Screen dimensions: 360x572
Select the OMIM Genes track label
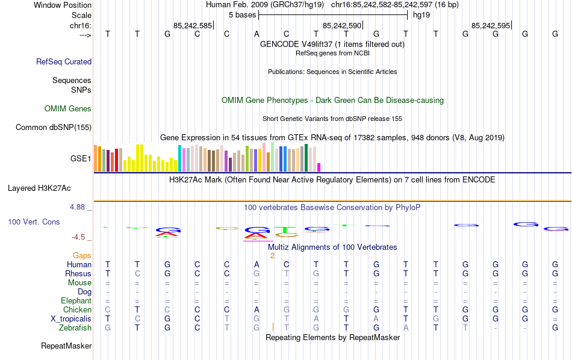pos(68,109)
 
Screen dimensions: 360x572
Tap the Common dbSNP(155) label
pos(54,127)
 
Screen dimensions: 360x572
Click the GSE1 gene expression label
pos(81,159)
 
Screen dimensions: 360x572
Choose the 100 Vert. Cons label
pos(34,222)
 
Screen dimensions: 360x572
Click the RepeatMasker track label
pos(66,346)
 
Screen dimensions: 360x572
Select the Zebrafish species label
pos(75,327)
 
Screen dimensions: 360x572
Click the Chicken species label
pos(78,309)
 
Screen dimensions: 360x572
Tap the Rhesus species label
pos(78,273)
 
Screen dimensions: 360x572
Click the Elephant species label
pos(76,300)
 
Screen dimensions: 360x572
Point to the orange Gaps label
pos(82,255)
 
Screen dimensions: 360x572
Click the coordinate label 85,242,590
pos(341,25)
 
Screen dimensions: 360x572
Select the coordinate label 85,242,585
pos(192,25)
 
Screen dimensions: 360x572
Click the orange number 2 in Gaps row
pos(272,255)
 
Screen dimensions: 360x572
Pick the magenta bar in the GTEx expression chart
pos(319,167)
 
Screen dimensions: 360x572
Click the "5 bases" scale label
pos(242,14)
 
